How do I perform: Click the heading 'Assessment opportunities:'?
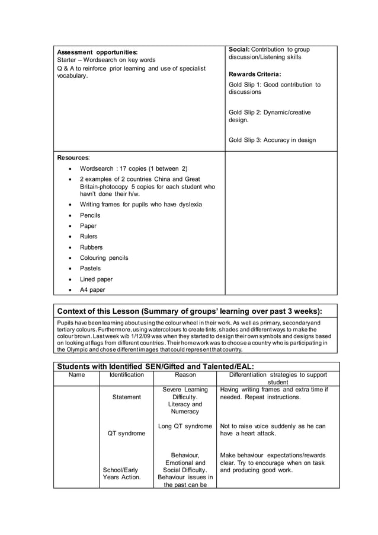[x=97, y=52]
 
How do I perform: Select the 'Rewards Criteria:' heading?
[x=255, y=74]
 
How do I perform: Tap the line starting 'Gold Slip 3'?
[x=272, y=140]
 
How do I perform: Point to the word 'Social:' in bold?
[x=241, y=49]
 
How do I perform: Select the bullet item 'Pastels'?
[x=90, y=268]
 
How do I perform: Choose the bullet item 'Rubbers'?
[x=91, y=247]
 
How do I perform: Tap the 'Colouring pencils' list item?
[x=104, y=257]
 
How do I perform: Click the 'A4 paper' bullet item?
[x=92, y=289]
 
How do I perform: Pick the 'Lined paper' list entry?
[x=96, y=279]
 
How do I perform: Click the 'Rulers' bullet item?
[x=89, y=236]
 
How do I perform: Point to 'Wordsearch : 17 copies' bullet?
[x=133, y=168]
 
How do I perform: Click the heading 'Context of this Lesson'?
[x=190, y=311]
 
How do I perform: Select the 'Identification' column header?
[x=127, y=375]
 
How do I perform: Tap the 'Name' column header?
[x=76, y=375]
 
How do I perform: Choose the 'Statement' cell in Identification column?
[x=126, y=397]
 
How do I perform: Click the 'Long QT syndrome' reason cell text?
[x=185, y=426]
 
